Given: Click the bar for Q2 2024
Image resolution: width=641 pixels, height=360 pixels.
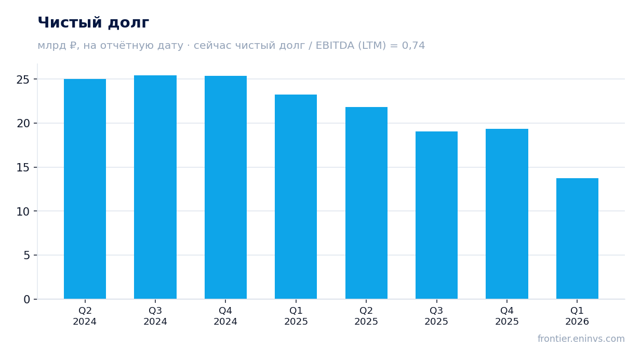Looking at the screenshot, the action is [85, 189].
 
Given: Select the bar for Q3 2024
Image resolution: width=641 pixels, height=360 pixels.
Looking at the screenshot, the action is [155, 187].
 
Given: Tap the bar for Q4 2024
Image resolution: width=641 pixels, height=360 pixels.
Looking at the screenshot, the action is [225, 188].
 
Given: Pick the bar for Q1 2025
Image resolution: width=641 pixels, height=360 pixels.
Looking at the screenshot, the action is [296, 197].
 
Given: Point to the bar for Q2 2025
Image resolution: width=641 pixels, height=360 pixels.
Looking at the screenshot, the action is [366, 203].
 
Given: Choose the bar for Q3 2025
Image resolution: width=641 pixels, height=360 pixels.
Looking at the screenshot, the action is [436, 215].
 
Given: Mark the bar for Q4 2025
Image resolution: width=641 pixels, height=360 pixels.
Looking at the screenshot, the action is [507, 214].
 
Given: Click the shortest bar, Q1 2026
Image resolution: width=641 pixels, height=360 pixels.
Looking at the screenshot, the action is [577, 238].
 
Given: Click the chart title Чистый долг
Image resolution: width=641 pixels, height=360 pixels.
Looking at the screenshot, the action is [94, 23].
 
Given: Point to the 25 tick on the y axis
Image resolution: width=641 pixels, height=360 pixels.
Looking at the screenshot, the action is [23, 80].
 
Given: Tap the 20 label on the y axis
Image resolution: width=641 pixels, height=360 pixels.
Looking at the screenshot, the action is [23, 124].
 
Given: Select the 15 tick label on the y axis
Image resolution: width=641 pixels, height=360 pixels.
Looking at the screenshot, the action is [23, 168].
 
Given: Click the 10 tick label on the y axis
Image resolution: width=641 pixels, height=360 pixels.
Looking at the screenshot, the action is [23, 212].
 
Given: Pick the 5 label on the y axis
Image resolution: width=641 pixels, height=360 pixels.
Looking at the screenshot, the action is [26, 256].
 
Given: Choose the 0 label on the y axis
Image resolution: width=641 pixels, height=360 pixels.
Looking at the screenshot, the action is [26, 300].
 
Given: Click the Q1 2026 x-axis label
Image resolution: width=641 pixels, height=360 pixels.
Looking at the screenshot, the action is [577, 316].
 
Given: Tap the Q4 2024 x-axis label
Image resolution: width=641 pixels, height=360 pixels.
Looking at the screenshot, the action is [225, 316].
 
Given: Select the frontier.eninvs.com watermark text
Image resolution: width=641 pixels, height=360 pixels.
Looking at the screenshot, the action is [581, 339].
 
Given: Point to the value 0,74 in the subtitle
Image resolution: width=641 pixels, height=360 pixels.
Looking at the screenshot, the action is [413, 46].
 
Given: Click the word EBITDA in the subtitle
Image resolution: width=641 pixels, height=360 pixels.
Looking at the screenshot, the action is [335, 46].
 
